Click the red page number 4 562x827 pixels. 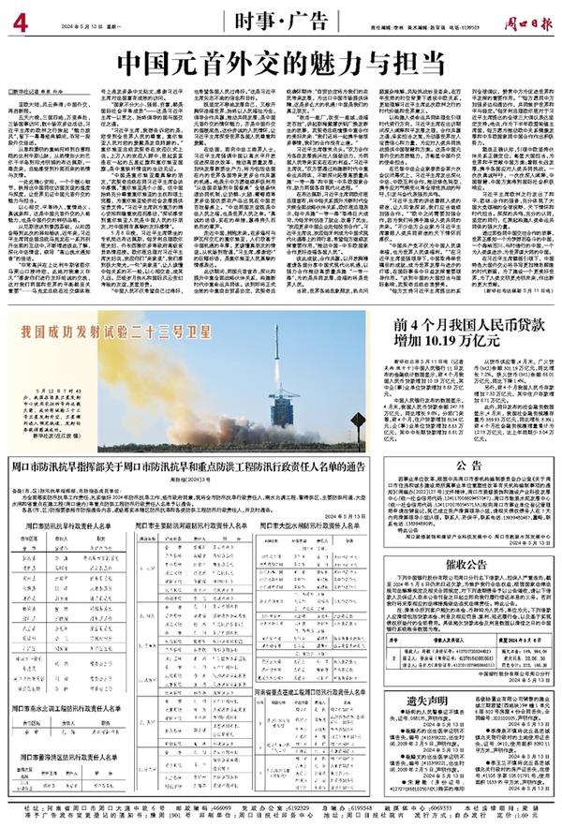(17, 18)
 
